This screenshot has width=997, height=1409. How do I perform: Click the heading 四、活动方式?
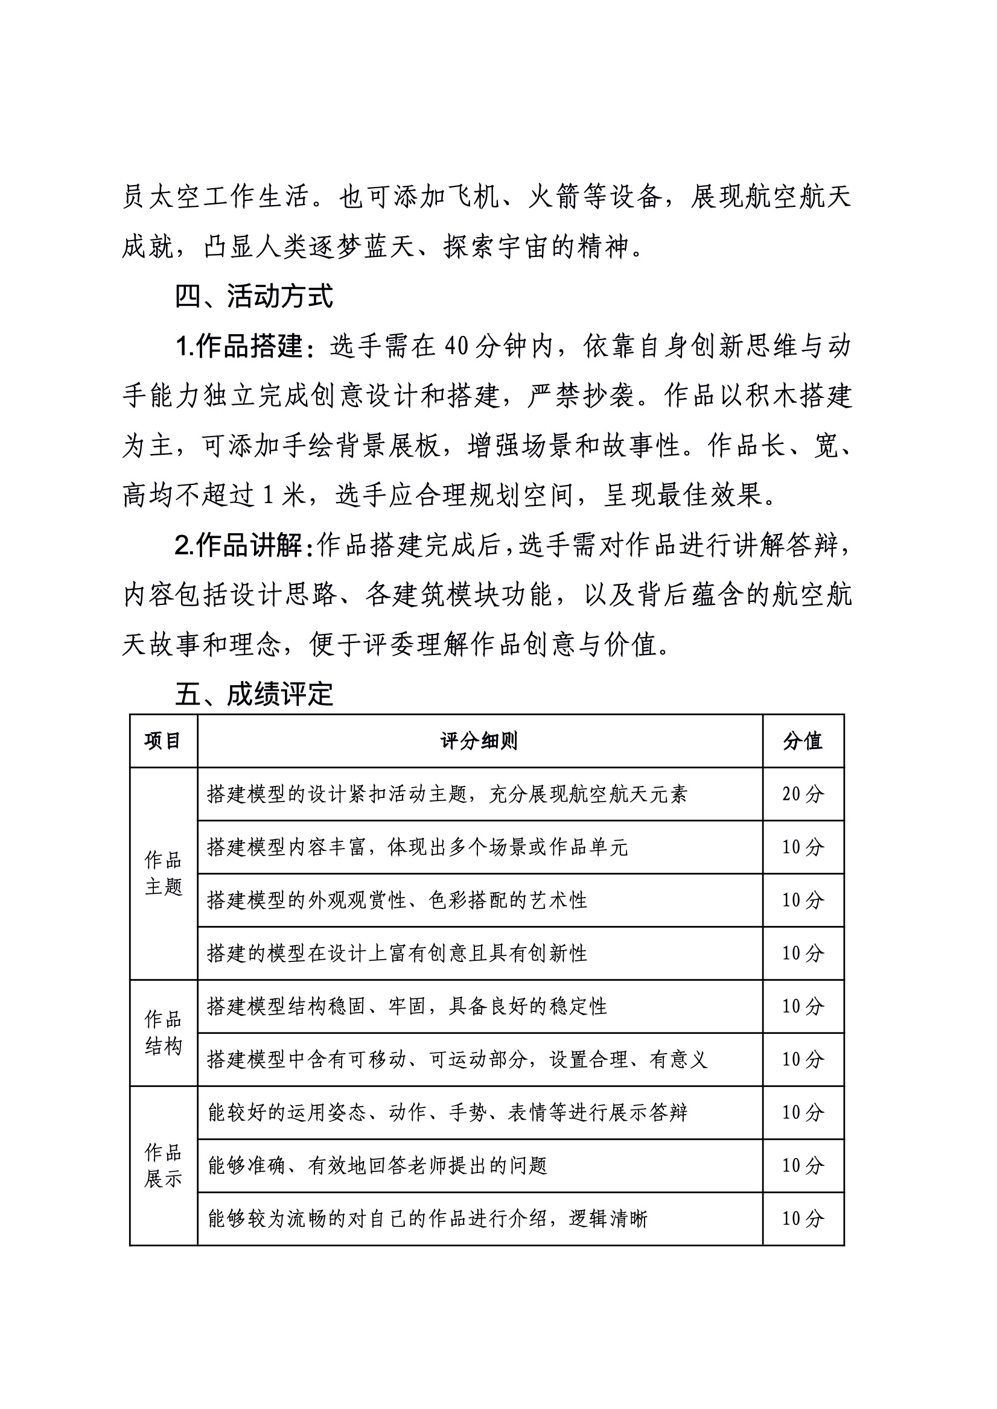(x=253, y=296)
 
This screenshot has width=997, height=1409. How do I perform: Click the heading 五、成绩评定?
(x=253, y=694)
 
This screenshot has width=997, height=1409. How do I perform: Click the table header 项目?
(x=163, y=741)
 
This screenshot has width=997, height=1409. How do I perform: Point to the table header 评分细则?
(x=479, y=741)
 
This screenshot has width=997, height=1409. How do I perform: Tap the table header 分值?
(x=803, y=741)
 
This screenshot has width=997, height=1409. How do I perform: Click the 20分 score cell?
(x=803, y=794)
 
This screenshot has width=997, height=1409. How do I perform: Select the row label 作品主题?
(x=164, y=873)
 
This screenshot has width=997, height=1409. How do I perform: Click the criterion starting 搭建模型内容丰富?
(x=418, y=847)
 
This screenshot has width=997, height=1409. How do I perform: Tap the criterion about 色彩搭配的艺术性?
(x=397, y=901)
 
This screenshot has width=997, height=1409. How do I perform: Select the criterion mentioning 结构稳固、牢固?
(x=407, y=1007)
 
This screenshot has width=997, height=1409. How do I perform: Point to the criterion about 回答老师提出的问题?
(x=378, y=1166)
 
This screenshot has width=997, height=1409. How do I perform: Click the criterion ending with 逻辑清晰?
(x=427, y=1219)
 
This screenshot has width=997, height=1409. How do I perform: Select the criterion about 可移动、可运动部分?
(x=457, y=1059)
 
